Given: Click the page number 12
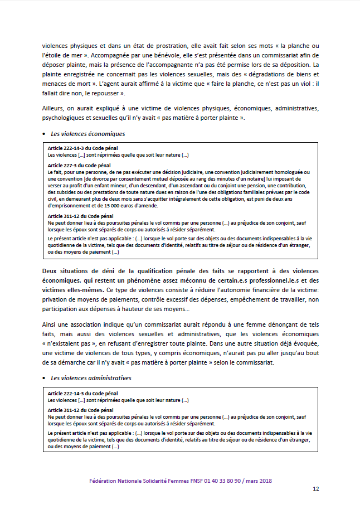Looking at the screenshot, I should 315,489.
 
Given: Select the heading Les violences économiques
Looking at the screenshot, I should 87,134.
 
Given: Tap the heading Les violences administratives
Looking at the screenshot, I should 91,377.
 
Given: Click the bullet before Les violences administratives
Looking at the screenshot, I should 44,378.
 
